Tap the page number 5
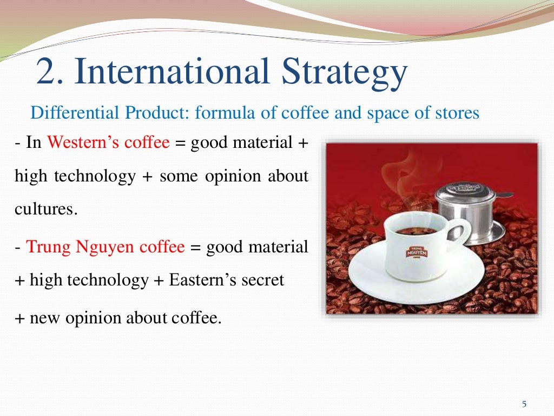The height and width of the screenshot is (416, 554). tap(524, 404)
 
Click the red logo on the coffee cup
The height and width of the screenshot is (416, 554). tap(417, 252)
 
